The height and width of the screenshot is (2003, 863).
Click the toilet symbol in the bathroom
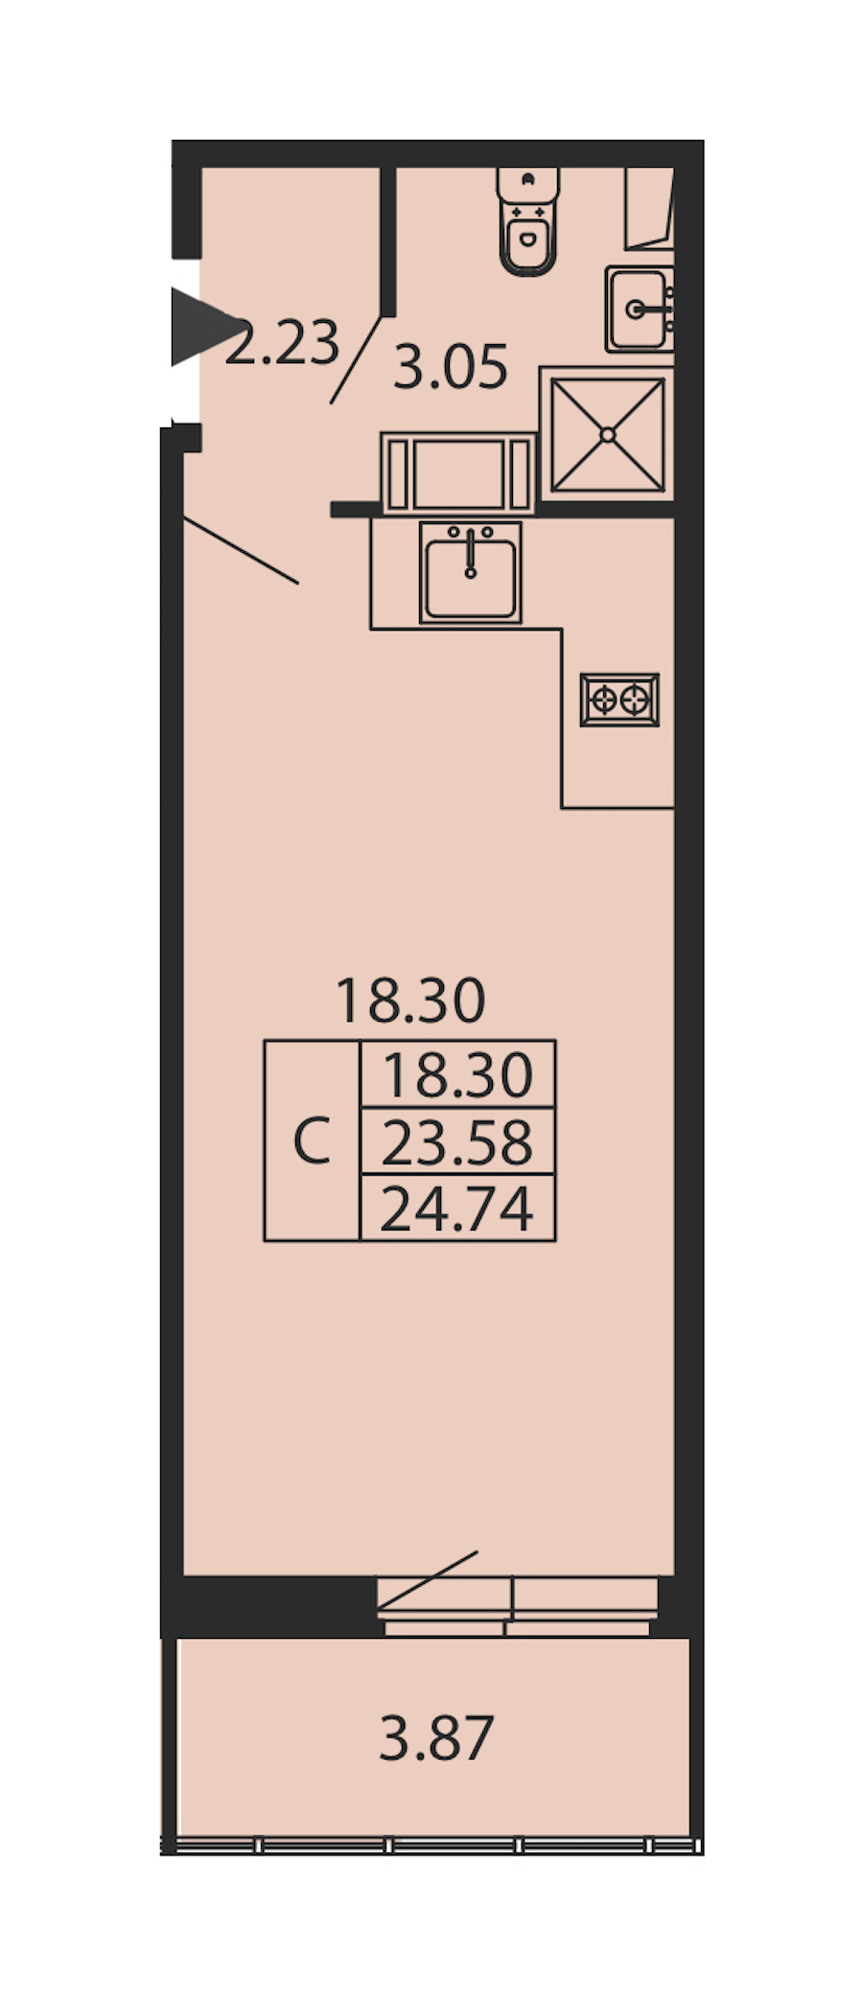527,221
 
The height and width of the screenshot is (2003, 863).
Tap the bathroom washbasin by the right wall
639,309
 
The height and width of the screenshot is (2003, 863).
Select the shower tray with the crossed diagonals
607,434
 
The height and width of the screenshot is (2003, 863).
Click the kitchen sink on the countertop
470,571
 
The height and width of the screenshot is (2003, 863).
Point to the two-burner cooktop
619,700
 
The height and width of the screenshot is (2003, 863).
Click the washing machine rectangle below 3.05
458,473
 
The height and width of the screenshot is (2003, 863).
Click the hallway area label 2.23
283,343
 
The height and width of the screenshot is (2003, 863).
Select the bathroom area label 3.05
450,367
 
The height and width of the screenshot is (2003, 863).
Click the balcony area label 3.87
436,1738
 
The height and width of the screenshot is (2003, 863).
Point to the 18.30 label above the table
410,1001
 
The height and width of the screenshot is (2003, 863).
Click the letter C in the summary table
312,1140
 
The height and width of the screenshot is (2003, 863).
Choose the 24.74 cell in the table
457,1208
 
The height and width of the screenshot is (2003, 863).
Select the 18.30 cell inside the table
457,1075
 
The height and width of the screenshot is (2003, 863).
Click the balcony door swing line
428,1579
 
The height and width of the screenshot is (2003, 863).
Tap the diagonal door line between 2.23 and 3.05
349,358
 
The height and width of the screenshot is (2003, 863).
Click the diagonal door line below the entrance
241,550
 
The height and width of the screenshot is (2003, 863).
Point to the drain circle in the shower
607,434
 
